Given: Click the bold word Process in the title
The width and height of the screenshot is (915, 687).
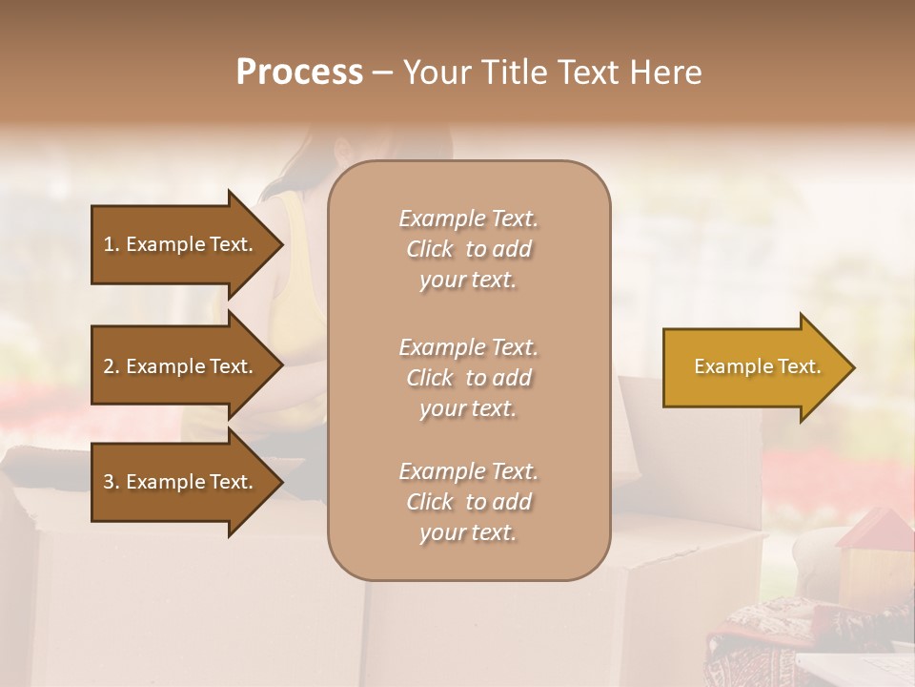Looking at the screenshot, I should pos(299,73).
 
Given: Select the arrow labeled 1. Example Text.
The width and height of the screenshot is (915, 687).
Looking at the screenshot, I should pos(181,244).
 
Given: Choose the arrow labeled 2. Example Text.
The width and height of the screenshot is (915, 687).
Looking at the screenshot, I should pos(181,366).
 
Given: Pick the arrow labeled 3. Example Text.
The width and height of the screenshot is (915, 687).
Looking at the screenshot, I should pos(181,482).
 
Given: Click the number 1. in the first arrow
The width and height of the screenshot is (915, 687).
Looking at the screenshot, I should pos(112,244).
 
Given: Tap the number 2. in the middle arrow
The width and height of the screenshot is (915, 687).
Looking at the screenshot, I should pos(112,366).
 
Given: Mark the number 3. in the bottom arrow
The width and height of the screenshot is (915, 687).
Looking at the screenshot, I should pos(112,482).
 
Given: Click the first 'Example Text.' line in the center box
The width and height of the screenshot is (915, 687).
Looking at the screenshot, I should pos(468,219).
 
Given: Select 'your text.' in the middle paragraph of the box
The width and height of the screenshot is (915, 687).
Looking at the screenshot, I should pos(468,408).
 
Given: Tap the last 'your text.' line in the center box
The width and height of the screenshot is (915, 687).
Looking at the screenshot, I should pos(468,532).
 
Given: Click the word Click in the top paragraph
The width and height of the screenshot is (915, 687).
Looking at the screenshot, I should pos(430,249).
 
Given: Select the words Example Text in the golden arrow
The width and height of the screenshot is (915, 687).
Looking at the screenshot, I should pos(758,366).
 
